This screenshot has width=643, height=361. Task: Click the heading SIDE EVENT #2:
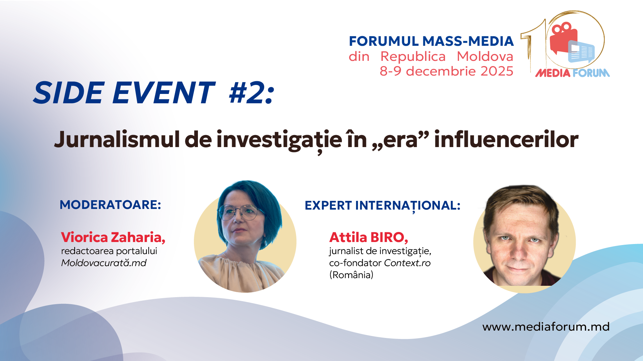pyautogui.click(x=154, y=93)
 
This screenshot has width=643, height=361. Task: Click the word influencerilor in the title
pyautogui.click(x=506, y=139)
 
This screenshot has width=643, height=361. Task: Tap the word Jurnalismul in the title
pyautogui.click(x=117, y=139)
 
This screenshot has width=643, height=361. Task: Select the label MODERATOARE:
pyautogui.click(x=111, y=205)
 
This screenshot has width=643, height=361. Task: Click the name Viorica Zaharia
pyautogui.click(x=113, y=237)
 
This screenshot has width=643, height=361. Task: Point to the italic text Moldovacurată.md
pyautogui.click(x=104, y=263)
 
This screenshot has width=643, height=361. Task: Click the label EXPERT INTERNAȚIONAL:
pyautogui.click(x=382, y=206)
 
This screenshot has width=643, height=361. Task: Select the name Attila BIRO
pyautogui.click(x=368, y=237)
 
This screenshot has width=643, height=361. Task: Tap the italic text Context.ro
pyautogui.click(x=407, y=263)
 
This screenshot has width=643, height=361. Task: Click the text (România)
pyautogui.click(x=351, y=275)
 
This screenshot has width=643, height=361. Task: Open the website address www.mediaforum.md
pyautogui.click(x=546, y=327)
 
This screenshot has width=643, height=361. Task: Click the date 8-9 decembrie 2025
pyautogui.click(x=446, y=71)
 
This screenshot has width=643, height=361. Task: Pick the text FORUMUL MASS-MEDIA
pyautogui.click(x=431, y=41)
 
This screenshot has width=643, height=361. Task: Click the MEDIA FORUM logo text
pyautogui.click(x=572, y=73)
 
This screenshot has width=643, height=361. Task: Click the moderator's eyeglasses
pyautogui.click(x=238, y=212)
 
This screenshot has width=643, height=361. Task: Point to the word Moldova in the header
pyautogui.click(x=485, y=56)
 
